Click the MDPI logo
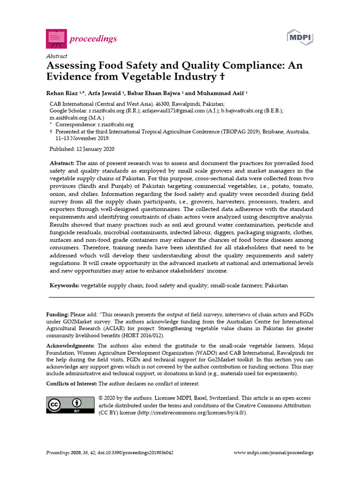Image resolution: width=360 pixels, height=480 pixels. pyautogui.click(x=300, y=37)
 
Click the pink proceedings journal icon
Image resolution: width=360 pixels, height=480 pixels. pyautogui.click(x=55, y=38)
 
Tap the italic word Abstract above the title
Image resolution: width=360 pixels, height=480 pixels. pyautogui.click(x=57, y=56)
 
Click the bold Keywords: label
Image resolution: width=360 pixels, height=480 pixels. pyautogui.click(x=65, y=285)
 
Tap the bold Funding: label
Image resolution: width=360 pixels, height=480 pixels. pyautogui.click(x=58, y=314)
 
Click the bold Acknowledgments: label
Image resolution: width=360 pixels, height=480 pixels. pyautogui.click(x=70, y=345)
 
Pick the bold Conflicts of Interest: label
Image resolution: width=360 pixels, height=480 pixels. pyautogui.click(x=71, y=383)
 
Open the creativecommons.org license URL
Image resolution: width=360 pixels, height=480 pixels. pyautogui.click(x=192, y=412)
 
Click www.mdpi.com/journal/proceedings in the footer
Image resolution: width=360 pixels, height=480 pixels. pyautogui.click(x=273, y=453)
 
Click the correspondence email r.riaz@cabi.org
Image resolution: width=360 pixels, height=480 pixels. pyautogui.click(x=115, y=125)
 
